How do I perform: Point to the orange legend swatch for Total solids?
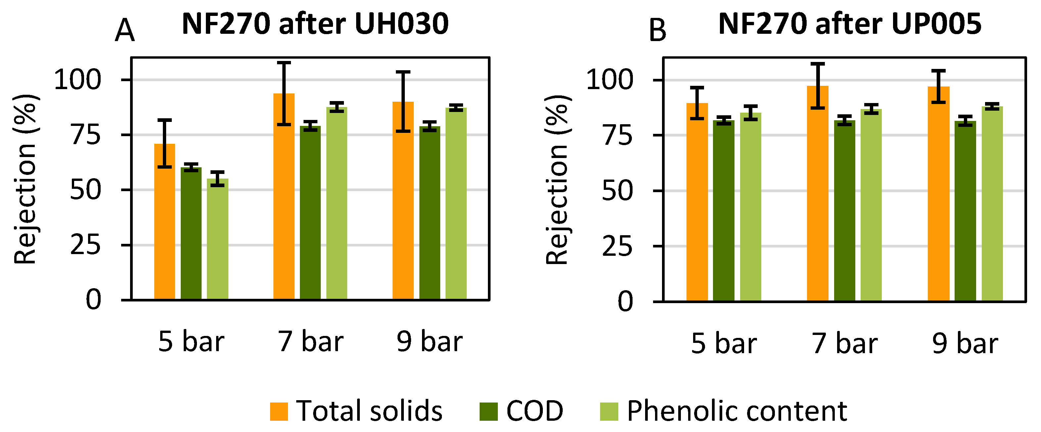pos(279,411)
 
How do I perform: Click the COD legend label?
pos(535,411)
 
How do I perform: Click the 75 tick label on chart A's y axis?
pos(86,135)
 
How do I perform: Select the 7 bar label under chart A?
pos(310,342)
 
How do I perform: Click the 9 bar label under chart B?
pos(965,344)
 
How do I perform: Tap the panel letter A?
pos(124,30)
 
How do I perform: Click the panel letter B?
pos(657,30)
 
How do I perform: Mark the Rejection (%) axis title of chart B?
pos(558,180)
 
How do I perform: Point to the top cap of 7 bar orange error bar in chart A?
pos(284,63)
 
